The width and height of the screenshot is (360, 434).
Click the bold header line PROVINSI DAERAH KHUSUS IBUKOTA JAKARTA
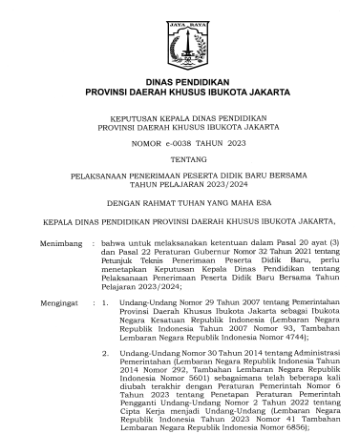pos(180,93)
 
